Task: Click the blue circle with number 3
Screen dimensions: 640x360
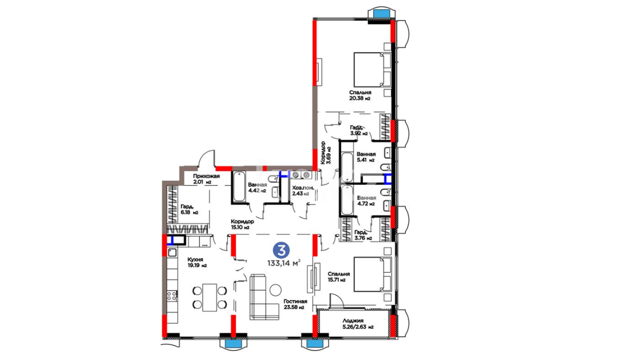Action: pos(281,250)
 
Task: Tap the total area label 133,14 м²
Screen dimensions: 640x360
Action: pos(284,263)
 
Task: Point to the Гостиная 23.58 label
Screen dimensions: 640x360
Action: pos(295,304)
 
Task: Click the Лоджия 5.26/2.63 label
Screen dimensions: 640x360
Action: pos(358,324)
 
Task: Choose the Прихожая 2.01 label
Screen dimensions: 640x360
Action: pos(206,179)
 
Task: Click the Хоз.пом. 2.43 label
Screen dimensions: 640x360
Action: pos(303,191)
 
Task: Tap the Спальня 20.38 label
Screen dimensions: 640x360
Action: pos(360,95)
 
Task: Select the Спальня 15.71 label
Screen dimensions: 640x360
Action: pos(339,277)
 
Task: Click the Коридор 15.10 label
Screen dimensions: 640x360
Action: pos(242,224)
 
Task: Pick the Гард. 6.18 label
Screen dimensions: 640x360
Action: pos(189,209)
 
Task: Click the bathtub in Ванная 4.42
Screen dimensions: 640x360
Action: pos(239,187)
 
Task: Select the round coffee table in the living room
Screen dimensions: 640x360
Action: pos(276,290)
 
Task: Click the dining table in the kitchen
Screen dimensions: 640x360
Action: pos(210,297)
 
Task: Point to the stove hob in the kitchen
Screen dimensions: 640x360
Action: pos(172,296)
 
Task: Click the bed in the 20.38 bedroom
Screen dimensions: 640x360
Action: pos(372,70)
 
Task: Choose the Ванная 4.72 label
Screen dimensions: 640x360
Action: pos(366,201)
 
